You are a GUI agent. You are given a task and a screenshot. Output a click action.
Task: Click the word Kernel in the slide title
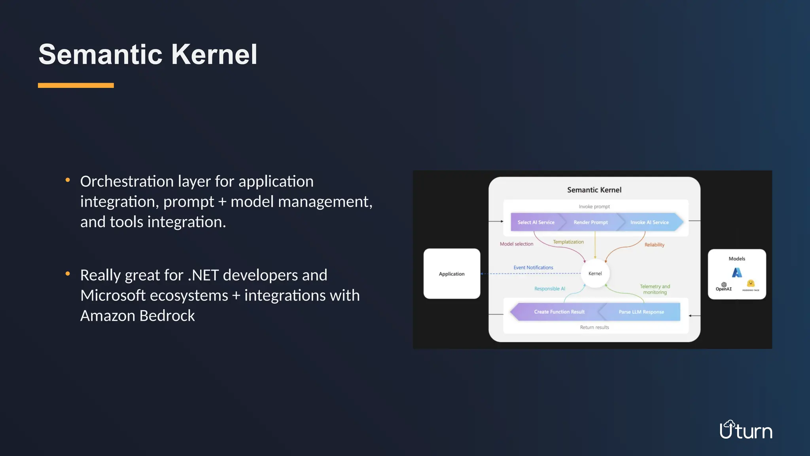(x=214, y=54)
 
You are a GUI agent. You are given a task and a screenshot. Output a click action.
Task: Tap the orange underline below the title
(x=76, y=85)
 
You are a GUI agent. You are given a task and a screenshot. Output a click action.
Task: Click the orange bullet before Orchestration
(x=68, y=180)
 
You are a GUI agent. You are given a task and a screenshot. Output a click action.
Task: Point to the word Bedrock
(x=167, y=316)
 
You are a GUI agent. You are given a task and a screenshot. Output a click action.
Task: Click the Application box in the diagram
(x=452, y=274)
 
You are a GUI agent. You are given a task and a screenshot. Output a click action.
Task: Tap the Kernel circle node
(x=595, y=274)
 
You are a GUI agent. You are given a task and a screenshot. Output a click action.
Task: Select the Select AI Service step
(x=536, y=222)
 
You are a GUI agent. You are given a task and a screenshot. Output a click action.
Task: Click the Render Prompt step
(x=590, y=222)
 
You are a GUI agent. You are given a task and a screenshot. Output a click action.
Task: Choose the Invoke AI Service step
(x=649, y=222)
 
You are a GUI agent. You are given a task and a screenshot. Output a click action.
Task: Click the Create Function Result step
(x=559, y=312)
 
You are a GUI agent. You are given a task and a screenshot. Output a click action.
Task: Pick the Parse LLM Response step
(x=641, y=312)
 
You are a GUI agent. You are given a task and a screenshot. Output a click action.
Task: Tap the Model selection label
(x=516, y=244)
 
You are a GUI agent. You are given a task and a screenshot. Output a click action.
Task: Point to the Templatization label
(x=568, y=242)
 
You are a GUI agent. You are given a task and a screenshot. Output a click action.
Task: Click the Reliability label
(x=654, y=245)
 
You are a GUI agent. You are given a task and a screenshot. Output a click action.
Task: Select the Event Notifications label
(x=533, y=268)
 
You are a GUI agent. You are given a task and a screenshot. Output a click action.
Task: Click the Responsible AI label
(x=549, y=289)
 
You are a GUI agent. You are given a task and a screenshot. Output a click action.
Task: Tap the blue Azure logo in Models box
(x=737, y=272)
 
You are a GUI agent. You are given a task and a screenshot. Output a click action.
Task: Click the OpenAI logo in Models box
(x=723, y=287)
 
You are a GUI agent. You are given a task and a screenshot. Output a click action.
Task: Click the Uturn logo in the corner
(x=746, y=430)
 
